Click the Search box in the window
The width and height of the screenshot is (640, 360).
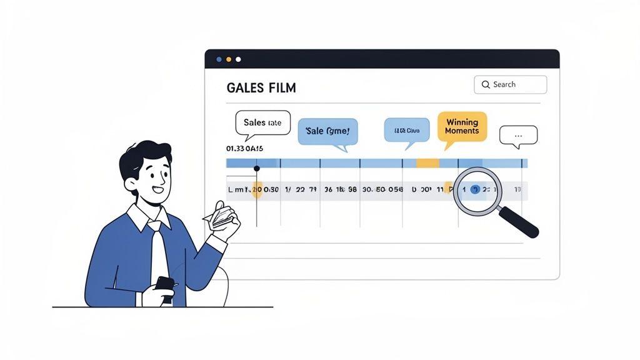[510, 84]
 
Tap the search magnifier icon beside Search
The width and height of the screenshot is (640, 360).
[486, 84]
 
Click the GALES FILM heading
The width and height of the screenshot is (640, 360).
[261, 88]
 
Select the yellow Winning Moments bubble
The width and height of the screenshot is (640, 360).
[462, 127]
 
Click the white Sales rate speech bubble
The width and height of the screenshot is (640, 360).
[262, 123]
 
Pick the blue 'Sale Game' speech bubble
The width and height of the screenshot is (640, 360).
[327, 132]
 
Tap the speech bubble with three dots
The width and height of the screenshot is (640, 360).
[518, 135]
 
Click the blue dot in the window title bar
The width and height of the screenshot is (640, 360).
[219, 59]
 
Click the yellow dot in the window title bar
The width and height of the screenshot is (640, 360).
[228, 59]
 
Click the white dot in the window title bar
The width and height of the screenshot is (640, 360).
[238, 59]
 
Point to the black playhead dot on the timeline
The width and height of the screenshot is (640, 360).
[257, 169]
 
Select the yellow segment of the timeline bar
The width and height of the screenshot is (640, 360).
[428, 163]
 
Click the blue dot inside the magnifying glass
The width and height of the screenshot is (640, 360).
[475, 189]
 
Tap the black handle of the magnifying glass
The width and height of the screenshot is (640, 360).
[519, 221]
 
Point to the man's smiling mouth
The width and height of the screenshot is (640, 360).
[157, 189]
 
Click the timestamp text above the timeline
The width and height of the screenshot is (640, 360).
[244, 149]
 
